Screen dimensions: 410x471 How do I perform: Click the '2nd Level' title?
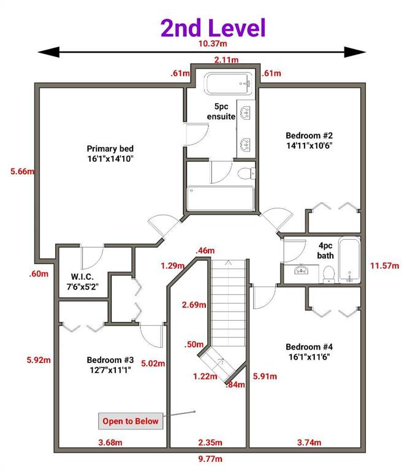coord(213,28)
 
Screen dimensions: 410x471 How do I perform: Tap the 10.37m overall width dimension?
coord(213,44)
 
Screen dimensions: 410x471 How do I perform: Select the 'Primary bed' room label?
coord(110,148)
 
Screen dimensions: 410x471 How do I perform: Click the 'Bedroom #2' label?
coord(309,136)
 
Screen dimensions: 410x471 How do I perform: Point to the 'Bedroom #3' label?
coord(110,360)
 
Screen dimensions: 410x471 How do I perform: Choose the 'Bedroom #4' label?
coord(309,347)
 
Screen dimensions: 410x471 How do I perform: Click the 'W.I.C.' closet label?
coord(82,277)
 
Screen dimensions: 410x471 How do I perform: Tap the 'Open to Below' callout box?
coord(131,421)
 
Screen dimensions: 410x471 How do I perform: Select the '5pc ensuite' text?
coord(221,112)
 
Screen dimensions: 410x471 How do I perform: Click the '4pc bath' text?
coord(325,250)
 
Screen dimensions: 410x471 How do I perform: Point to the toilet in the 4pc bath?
coord(329,274)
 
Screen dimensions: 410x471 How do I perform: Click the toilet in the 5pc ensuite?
coord(246,174)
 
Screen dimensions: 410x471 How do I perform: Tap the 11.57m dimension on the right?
coord(384,266)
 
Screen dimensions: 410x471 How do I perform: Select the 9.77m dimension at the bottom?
coord(210,459)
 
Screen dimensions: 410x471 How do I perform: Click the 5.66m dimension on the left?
coord(23,172)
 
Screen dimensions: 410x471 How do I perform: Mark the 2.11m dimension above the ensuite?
coord(226,59)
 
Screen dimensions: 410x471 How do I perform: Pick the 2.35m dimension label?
coord(210,442)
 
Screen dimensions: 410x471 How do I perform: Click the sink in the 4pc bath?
coord(301,270)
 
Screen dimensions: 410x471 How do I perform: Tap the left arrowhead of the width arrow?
coord(48,52)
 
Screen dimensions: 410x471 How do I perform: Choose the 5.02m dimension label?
coord(153,364)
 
